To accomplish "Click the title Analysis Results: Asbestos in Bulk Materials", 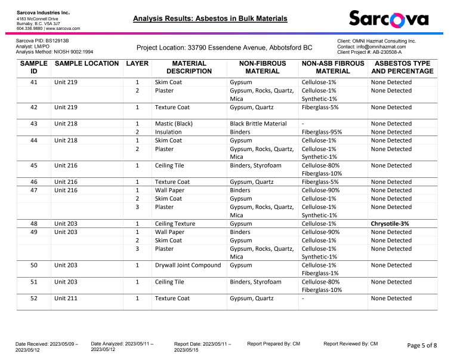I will [211, 19].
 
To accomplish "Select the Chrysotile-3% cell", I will [392, 223].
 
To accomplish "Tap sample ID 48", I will [33, 223].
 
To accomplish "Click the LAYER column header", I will [137, 63].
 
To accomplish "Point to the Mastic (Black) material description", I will [175, 124].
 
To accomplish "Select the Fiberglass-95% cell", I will [323, 132].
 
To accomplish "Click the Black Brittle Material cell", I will [258, 124].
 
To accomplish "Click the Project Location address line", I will [224, 47].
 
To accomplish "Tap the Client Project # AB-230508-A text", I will [369, 53].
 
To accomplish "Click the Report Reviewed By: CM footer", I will [350, 344].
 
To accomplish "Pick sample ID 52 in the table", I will [33, 299].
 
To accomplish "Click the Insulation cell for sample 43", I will [168, 132].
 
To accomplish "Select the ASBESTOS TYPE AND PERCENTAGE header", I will [402, 67].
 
